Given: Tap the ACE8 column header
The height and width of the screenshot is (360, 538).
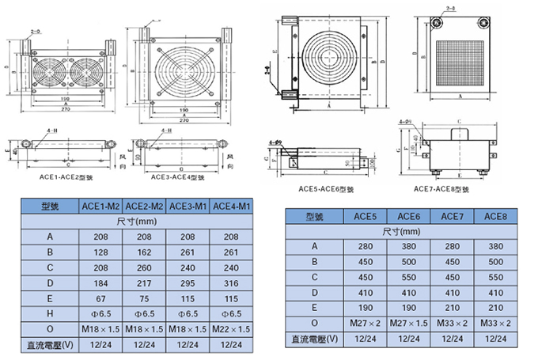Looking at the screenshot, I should [495, 215].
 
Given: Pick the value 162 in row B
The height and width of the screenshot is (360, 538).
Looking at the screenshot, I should [145, 252].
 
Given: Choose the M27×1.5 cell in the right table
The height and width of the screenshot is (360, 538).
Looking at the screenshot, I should [408, 323].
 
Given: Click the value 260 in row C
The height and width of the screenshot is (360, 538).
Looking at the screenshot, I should [145, 267].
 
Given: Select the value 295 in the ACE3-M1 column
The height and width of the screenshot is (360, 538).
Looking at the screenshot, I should [188, 282].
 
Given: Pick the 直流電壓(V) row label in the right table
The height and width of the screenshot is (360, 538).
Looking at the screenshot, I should [315, 339].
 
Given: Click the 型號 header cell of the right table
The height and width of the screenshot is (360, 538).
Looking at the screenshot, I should [315, 215].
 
